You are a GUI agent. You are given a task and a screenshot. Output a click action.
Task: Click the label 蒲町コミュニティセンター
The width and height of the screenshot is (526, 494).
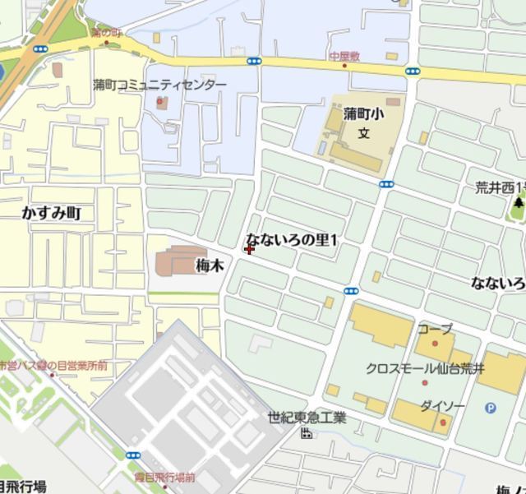159,85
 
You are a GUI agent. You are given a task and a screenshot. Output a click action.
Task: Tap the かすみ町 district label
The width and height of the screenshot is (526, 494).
57,213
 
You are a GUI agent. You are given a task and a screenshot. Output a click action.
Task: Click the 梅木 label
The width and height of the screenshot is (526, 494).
210,265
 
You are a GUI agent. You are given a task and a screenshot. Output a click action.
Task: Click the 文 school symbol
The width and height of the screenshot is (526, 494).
363,132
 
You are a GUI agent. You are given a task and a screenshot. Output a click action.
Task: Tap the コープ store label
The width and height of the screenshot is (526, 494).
435,329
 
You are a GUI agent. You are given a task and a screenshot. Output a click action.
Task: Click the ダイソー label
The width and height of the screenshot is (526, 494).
442,406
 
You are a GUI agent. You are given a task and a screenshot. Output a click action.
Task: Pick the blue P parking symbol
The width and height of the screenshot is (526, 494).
491,406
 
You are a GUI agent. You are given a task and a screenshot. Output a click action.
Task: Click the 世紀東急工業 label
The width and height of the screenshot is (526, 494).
307,418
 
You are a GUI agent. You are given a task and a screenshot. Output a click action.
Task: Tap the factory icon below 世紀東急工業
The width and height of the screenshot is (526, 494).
307,432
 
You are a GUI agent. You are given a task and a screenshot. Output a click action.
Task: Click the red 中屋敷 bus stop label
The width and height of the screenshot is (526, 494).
344,56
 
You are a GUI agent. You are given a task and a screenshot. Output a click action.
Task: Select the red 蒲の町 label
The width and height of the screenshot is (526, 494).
106,33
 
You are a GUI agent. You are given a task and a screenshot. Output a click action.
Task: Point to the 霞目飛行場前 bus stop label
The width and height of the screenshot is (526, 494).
164,478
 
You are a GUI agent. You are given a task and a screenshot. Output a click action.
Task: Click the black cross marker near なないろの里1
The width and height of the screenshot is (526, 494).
249,248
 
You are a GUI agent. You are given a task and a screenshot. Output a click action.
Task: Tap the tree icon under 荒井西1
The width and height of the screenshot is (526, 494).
519,202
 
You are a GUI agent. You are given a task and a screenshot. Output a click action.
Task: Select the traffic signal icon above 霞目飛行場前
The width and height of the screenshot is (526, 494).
132,455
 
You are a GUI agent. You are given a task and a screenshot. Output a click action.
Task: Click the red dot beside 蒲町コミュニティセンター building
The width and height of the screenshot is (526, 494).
160,103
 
